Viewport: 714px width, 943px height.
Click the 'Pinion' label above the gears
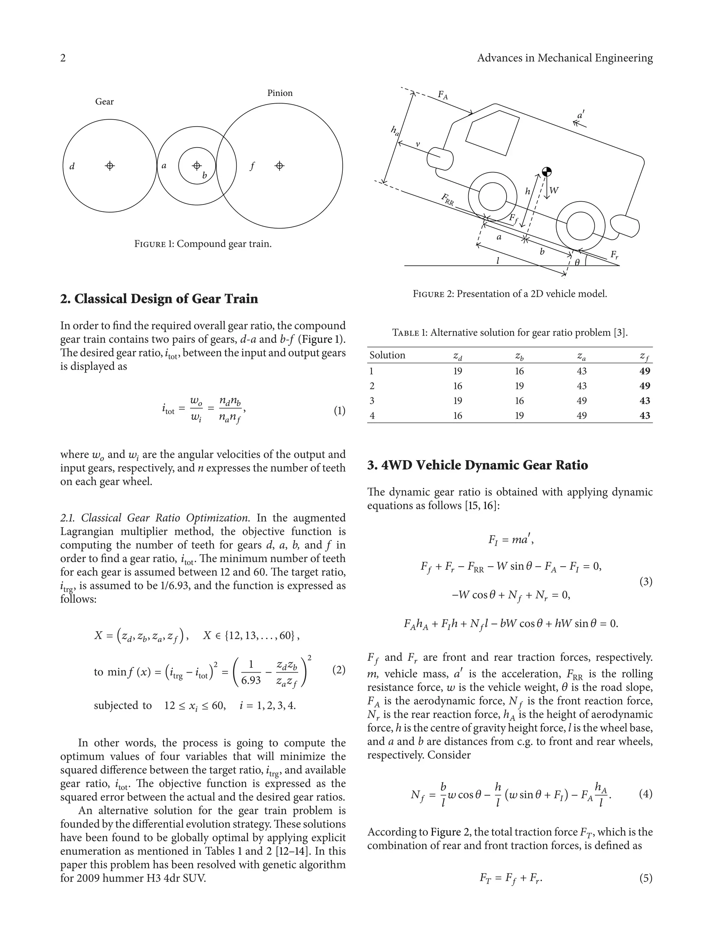click(280, 93)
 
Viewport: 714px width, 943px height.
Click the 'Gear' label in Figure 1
click(104, 102)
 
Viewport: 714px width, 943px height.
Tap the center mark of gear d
click(110, 165)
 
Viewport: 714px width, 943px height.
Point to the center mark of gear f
click(280, 165)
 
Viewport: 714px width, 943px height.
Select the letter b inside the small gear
click(205, 175)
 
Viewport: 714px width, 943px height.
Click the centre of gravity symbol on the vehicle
click(547, 172)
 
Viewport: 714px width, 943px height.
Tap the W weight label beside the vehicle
click(554, 190)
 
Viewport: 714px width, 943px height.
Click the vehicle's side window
click(492, 132)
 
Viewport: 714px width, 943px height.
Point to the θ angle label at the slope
click(577, 263)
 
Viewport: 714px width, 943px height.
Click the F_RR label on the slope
click(447, 200)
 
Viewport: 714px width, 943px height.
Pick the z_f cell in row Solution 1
click(644, 371)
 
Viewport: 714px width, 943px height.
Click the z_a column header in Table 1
click(581, 356)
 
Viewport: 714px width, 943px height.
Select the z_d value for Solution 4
click(457, 415)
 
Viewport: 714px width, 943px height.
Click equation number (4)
click(645, 794)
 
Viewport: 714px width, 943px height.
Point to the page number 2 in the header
click(63, 58)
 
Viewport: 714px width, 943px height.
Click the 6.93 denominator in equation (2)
click(251, 680)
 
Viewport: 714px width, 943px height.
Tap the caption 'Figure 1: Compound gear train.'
click(203, 244)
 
